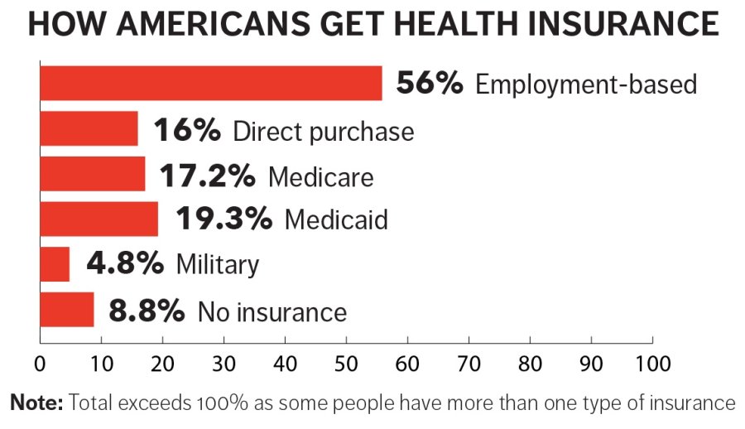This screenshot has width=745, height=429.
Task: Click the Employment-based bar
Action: pyautogui.click(x=210, y=84)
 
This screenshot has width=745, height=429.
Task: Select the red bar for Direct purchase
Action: pyautogui.click(x=89, y=129)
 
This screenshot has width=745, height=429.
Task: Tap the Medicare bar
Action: pyautogui.click(x=92, y=174)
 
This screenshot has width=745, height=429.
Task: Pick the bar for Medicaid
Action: pyautogui.click(x=99, y=219)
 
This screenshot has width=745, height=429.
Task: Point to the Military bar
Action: pyautogui.click(x=55, y=264)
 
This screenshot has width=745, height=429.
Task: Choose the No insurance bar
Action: pyautogui.click(x=66, y=310)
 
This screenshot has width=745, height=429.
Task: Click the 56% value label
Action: pyautogui.click(x=430, y=84)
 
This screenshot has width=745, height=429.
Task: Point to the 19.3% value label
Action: pyautogui.click(x=223, y=219)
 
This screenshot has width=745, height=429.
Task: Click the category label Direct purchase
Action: pyautogui.click(x=324, y=130)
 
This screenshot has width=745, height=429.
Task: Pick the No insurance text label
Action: pyautogui.click(x=272, y=311)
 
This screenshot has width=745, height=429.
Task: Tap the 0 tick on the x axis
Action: pyautogui.click(x=40, y=363)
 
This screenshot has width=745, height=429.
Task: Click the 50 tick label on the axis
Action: pyautogui.click(x=346, y=363)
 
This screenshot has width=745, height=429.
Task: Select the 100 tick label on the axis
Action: pyautogui.click(x=652, y=363)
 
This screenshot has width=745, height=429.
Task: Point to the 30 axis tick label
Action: pyautogui.click(x=223, y=363)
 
